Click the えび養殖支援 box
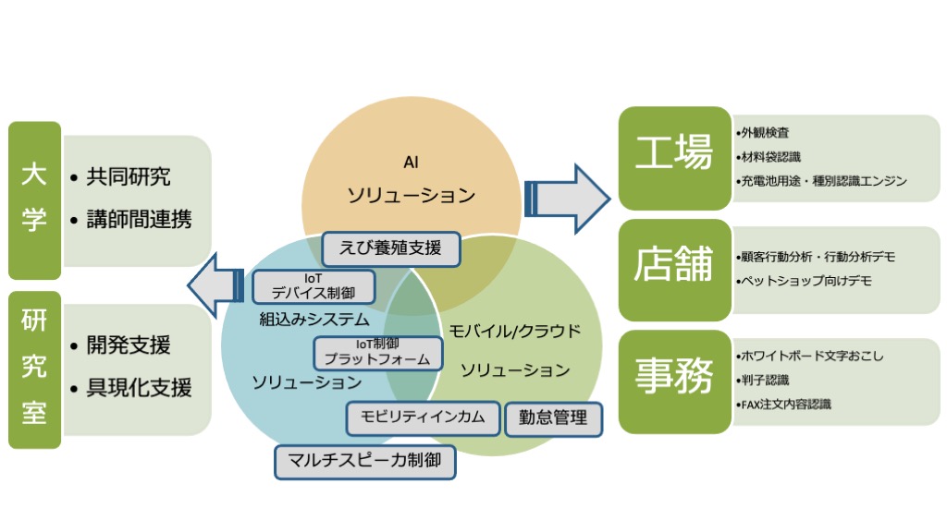(x=391, y=248)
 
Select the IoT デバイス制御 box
(x=314, y=286)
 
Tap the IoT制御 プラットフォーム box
(x=378, y=352)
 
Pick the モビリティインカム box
(x=423, y=417)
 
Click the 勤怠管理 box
(x=553, y=418)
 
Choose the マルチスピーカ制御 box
(x=364, y=462)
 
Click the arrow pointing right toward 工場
(x=567, y=199)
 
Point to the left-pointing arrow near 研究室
(x=215, y=285)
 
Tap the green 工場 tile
(x=674, y=158)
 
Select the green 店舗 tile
(x=674, y=270)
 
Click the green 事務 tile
(x=674, y=381)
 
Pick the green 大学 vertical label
(x=34, y=200)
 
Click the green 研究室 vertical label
(x=34, y=369)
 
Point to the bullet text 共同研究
(x=128, y=176)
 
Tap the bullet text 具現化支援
(x=139, y=387)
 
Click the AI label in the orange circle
(x=411, y=163)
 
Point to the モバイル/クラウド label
(x=514, y=332)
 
